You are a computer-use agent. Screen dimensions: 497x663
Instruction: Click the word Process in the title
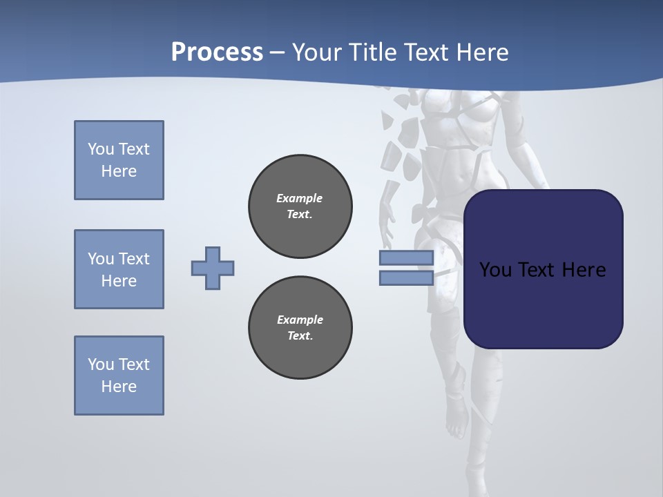tap(217, 52)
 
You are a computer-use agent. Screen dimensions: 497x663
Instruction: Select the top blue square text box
tap(119, 160)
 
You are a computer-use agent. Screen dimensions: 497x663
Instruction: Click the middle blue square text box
tap(119, 269)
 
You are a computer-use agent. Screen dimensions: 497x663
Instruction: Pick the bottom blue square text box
tap(119, 376)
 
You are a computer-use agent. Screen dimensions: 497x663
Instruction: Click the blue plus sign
tap(213, 268)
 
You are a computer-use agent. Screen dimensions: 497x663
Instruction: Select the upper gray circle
tap(300, 206)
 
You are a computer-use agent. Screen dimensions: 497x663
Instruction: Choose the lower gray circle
tap(300, 328)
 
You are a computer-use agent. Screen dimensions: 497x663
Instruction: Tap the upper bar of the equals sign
tap(406, 257)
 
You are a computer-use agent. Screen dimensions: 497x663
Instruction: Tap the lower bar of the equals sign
tap(406, 277)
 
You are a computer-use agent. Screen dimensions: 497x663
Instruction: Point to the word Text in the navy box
tap(537, 270)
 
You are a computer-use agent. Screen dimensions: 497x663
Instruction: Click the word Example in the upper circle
tap(300, 198)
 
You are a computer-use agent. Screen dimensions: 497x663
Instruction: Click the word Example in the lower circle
tap(300, 320)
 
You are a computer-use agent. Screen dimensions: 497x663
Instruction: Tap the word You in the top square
tap(100, 149)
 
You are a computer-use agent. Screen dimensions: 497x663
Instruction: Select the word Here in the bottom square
tap(119, 387)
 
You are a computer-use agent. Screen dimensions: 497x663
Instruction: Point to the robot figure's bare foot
tap(456, 421)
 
